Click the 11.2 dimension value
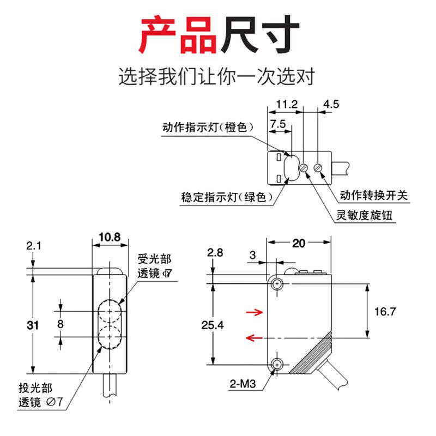click(x=287, y=104)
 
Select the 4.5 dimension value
click(x=331, y=104)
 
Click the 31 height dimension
click(x=33, y=325)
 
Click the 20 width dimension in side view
click(x=299, y=244)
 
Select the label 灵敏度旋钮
click(x=364, y=216)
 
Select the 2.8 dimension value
click(x=215, y=252)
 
